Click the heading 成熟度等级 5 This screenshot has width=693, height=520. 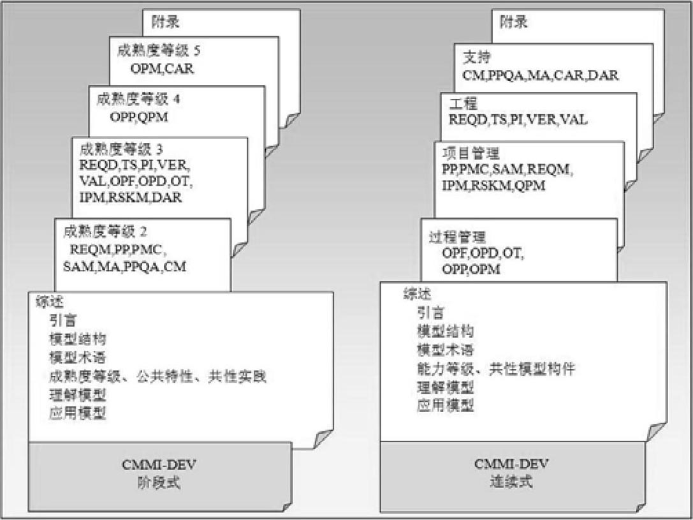point(159,50)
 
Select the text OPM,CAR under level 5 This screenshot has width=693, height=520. point(162,68)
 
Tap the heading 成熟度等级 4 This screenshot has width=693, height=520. point(138,99)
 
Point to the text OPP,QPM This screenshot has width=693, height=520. point(139,117)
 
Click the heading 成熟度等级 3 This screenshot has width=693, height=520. point(121,149)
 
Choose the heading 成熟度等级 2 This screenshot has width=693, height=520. point(105,231)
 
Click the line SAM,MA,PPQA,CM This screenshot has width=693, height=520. point(124,267)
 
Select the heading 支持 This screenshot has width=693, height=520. point(477,57)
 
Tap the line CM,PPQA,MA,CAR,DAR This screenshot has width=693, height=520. point(541,75)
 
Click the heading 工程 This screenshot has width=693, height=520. point(463,103)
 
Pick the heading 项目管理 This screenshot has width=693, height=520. point(471,153)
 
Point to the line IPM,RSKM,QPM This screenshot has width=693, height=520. point(493,186)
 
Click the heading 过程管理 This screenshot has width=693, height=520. point(458,237)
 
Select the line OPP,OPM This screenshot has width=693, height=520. point(471,269)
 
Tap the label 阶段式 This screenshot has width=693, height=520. point(159,482)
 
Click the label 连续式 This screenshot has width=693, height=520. point(511,481)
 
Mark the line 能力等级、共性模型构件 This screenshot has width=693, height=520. point(497,368)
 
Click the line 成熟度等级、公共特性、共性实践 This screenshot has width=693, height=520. point(157,376)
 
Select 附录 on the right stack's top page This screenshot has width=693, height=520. point(514,22)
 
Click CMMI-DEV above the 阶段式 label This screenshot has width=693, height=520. point(159,464)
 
